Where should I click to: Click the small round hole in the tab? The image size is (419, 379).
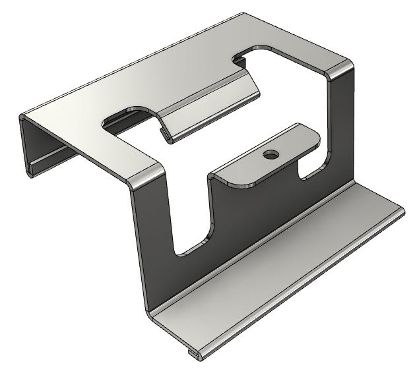(270, 155)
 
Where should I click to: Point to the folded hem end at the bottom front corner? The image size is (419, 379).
(193, 356)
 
